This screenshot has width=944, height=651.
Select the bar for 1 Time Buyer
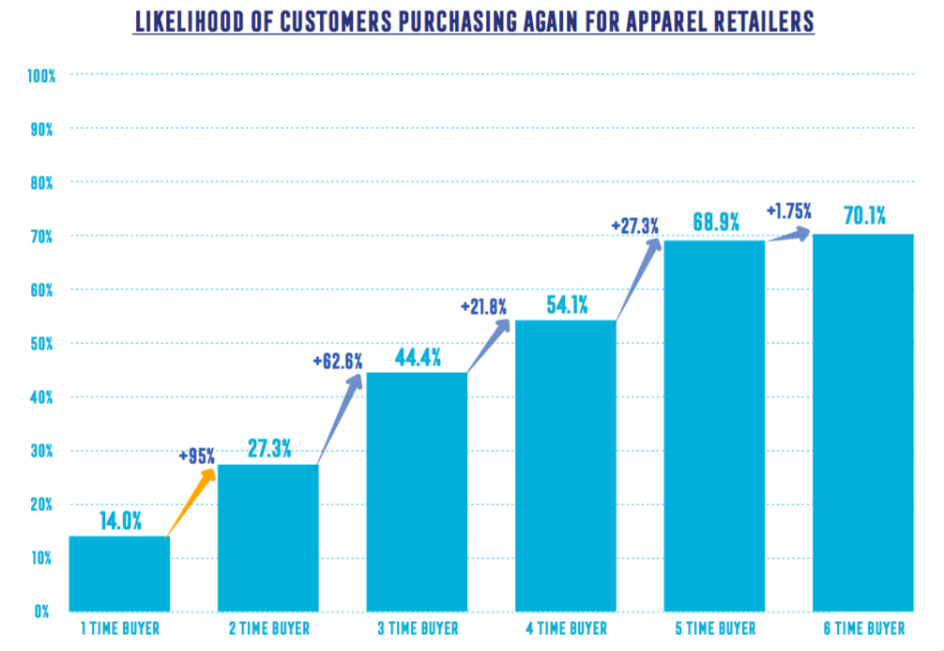pyautogui.click(x=119, y=573)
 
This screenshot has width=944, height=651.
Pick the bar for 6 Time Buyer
pyautogui.click(x=863, y=422)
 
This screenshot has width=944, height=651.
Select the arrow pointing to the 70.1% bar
pyautogui.click(x=787, y=236)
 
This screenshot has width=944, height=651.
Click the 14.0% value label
pyautogui.click(x=119, y=519)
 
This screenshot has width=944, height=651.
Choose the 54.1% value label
pyautogui.click(x=566, y=303)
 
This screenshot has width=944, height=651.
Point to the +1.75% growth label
pyautogui.click(x=788, y=210)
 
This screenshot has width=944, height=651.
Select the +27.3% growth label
pyautogui.click(x=634, y=225)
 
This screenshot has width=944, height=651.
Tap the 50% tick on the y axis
pyautogui.click(x=41, y=343)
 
